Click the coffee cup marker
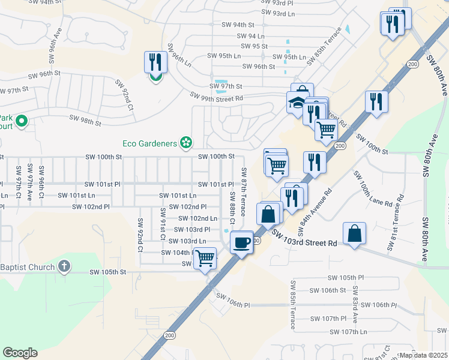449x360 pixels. point(241,243)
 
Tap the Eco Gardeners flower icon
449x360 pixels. point(187,143)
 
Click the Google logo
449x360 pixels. point(20,352)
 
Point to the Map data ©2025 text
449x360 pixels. point(423,355)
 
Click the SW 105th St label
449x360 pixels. point(109,272)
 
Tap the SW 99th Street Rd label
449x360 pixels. point(216,97)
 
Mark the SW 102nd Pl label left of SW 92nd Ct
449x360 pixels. point(91,206)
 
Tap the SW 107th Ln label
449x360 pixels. point(348,332)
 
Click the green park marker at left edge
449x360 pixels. point(22,122)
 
